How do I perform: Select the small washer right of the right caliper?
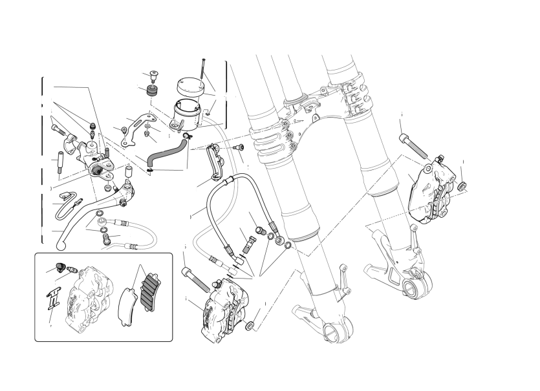pos(462,187)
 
